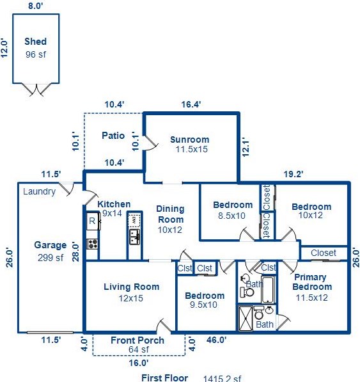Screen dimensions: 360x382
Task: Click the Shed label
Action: point(36,42)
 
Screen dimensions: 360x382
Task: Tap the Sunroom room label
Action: point(190,139)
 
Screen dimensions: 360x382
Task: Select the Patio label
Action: point(113,136)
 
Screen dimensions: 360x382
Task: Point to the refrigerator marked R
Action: point(93,221)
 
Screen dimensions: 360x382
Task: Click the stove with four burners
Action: point(93,244)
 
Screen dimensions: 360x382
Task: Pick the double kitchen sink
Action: point(134,237)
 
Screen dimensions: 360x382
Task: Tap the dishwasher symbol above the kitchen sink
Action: point(134,221)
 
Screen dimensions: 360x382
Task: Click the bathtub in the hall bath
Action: point(268,289)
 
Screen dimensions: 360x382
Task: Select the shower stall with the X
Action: point(246,318)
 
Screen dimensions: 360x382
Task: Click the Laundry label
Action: point(40,192)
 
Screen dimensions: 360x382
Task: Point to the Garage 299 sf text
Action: point(51,251)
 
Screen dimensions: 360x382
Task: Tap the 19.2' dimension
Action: point(293,174)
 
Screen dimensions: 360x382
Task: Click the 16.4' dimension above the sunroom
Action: point(191,104)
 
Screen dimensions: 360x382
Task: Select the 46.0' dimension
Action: point(216,340)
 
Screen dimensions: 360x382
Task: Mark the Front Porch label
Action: point(137,340)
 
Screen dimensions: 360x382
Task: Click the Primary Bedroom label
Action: point(312,282)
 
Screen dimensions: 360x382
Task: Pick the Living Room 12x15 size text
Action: point(131,298)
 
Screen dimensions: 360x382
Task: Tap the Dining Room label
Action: point(170,214)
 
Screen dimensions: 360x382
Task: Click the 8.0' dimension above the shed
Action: point(36,6)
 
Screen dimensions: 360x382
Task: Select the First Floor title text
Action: point(164,378)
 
